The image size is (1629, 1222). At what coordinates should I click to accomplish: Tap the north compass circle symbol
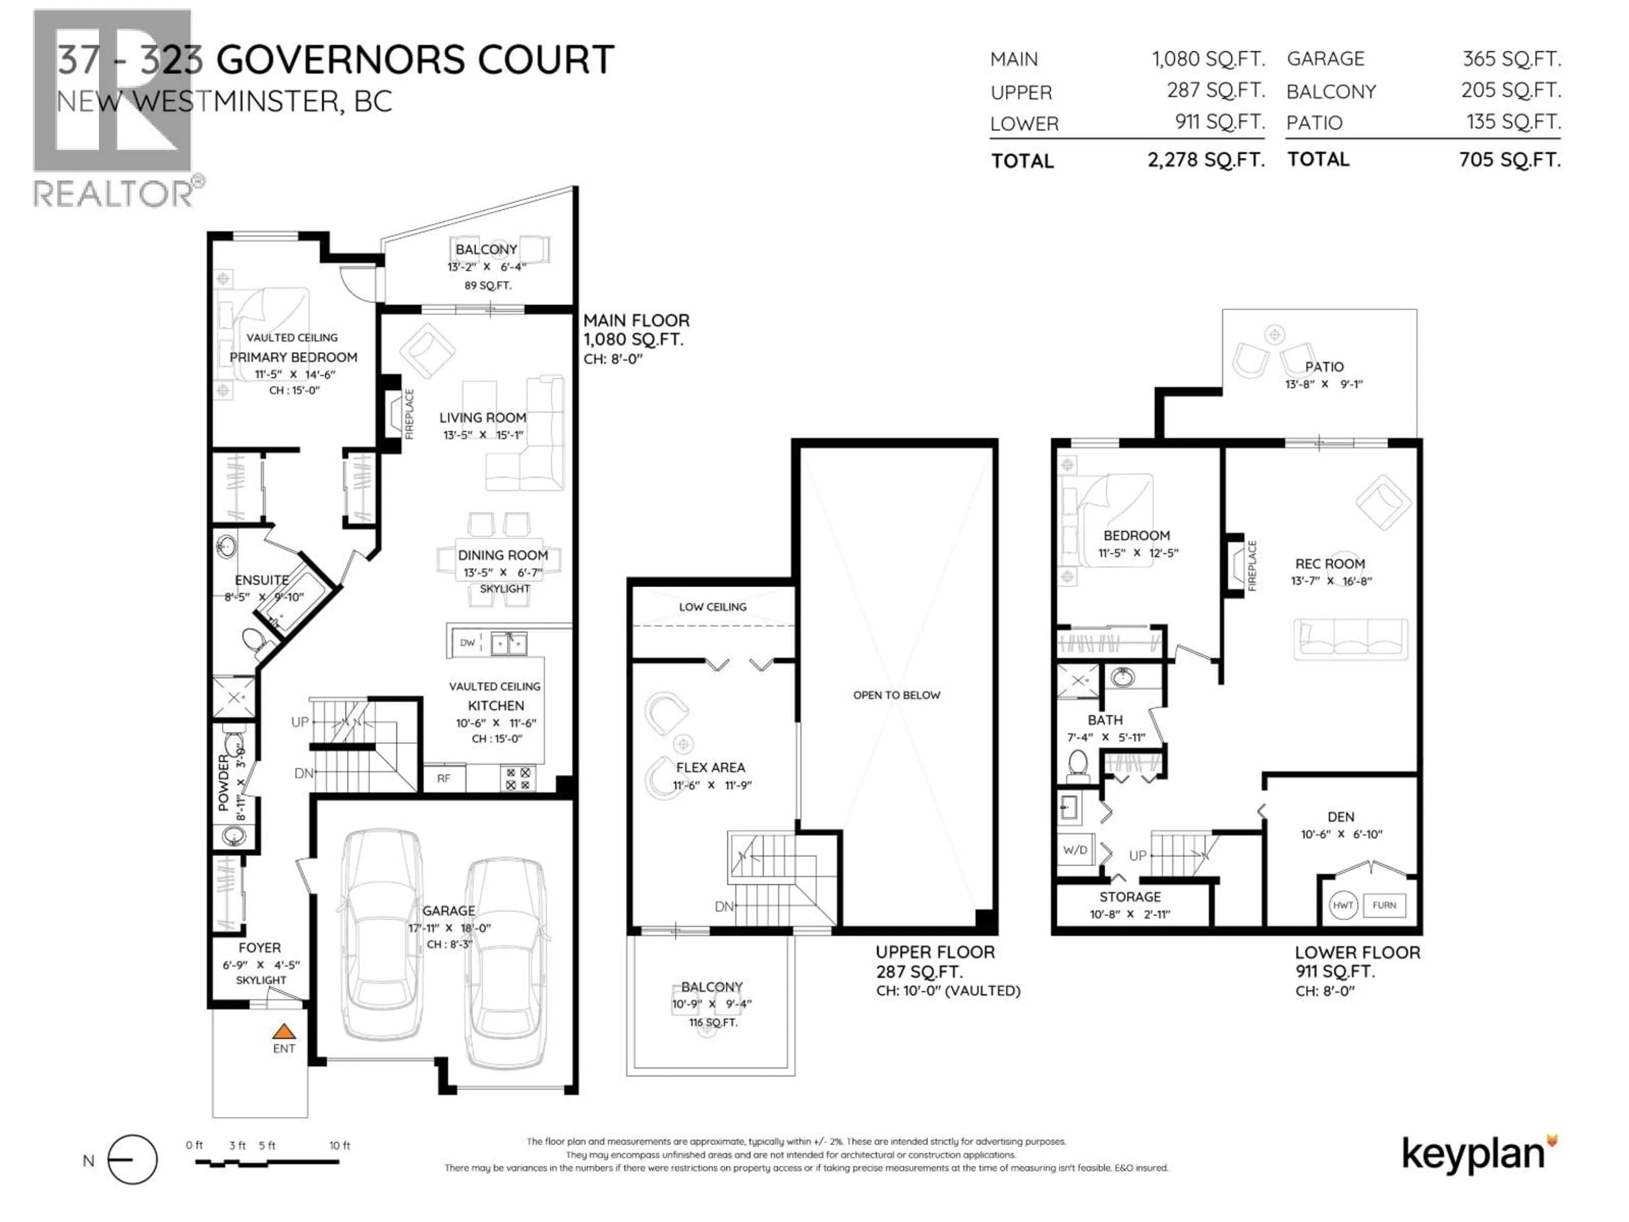coord(132,1159)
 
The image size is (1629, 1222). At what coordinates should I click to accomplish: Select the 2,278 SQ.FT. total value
coord(1206,160)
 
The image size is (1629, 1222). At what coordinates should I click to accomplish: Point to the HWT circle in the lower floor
coord(1343,905)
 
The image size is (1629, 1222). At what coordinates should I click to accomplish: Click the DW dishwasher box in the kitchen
coord(467,642)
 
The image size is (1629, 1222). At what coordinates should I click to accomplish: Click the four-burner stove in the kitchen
coord(518,779)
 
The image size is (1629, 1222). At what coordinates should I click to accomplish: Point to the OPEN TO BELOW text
coord(896,695)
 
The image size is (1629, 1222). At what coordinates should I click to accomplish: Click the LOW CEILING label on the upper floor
coord(712,607)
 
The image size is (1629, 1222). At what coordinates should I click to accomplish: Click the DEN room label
coord(1340,817)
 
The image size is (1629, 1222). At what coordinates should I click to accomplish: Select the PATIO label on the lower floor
coord(1324,367)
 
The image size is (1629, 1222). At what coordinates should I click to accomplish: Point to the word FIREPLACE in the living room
coord(409,414)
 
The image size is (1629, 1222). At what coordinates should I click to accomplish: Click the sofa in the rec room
coord(1351,638)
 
